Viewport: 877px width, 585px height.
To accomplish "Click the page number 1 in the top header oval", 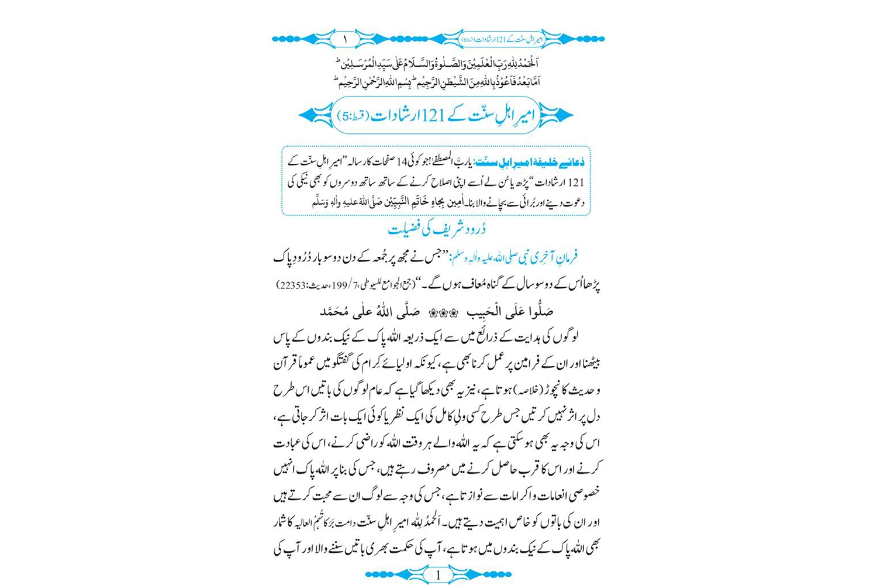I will click(x=345, y=39).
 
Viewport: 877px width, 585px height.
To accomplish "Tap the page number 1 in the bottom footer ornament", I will click(x=438, y=576).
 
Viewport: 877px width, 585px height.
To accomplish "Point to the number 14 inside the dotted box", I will click(x=403, y=163).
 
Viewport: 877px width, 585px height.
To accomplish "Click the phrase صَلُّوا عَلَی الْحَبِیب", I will click(x=509, y=312).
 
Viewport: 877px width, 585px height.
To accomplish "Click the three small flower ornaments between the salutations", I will click(x=443, y=312).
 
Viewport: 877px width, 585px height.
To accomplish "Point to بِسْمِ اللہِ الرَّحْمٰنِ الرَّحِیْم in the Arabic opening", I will click(x=376, y=81).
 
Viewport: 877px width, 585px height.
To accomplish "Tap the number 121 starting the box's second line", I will click(x=575, y=183).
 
